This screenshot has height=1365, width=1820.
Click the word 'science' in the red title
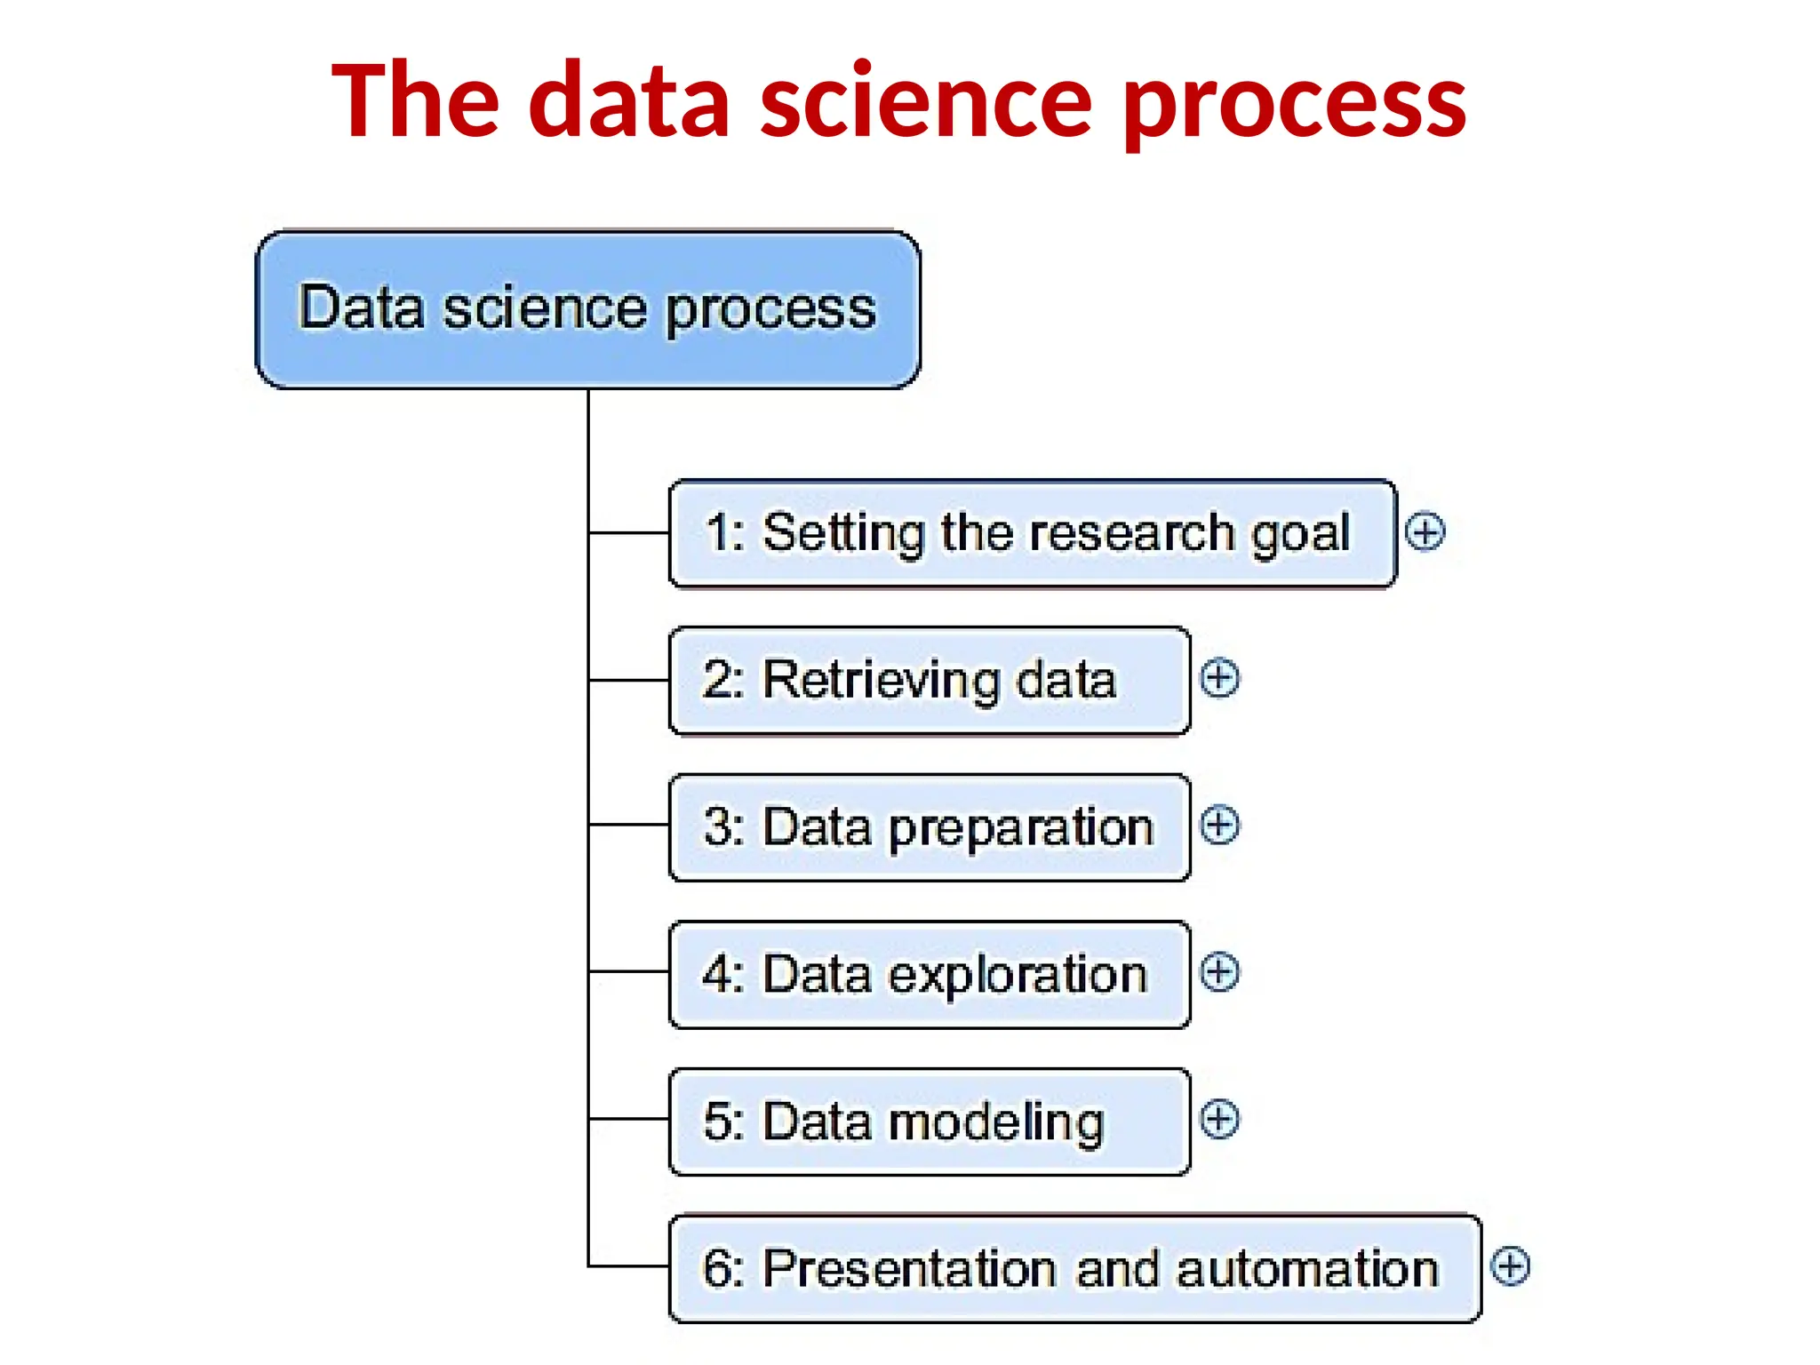925,102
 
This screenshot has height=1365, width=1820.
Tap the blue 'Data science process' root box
587,309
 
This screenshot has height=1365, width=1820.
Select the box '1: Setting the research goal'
1032,533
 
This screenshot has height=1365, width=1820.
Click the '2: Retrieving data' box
929,681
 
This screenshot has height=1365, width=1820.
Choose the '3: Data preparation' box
929,827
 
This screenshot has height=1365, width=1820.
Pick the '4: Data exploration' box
929,975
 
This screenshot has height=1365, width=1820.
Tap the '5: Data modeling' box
929,1122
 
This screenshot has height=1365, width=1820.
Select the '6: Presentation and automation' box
1074,1268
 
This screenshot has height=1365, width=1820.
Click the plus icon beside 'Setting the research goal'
1425,532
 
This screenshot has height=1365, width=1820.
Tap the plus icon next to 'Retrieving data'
1219,679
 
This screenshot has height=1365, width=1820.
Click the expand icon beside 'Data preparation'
1219,826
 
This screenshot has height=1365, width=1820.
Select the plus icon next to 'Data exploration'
1219,972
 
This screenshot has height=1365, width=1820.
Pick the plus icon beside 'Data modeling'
1219,1120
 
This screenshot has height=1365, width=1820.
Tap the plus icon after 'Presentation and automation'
1510,1266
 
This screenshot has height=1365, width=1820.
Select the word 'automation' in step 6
1307,1269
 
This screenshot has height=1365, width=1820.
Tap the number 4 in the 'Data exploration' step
718,975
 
